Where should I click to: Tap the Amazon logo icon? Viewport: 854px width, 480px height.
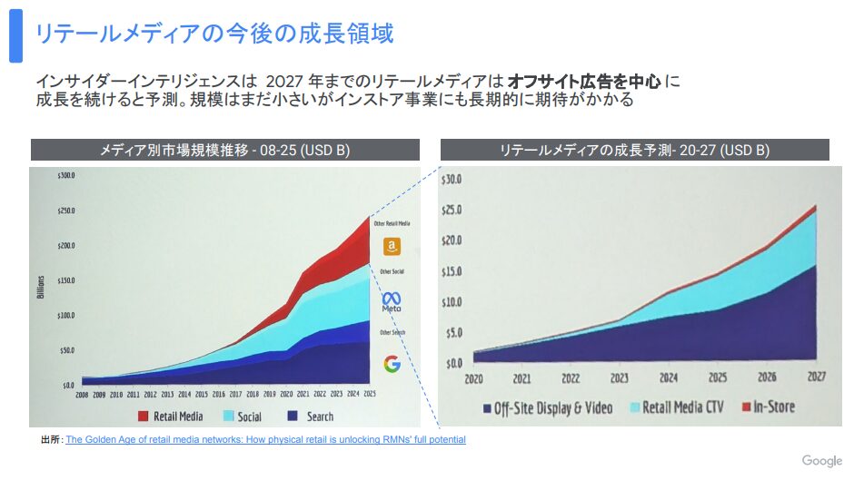pyautogui.click(x=392, y=246)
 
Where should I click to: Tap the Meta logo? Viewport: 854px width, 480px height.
pyautogui.click(x=392, y=301)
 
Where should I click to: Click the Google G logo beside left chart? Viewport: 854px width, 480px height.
pyautogui.click(x=392, y=364)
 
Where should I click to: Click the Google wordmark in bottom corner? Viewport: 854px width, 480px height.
pyautogui.click(x=821, y=461)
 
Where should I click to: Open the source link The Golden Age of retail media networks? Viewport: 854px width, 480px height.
pyautogui.click(x=265, y=439)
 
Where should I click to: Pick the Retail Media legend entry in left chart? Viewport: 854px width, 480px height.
pyautogui.click(x=172, y=416)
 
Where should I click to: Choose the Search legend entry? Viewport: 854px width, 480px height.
pyautogui.click(x=311, y=416)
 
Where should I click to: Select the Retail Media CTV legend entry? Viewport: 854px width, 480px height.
pyautogui.click(x=678, y=407)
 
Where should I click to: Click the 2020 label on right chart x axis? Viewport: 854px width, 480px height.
pyautogui.click(x=473, y=377)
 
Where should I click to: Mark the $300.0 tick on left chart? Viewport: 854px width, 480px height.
pyautogui.click(x=65, y=175)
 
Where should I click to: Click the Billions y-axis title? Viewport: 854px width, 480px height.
pyautogui.click(x=41, y=283)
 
